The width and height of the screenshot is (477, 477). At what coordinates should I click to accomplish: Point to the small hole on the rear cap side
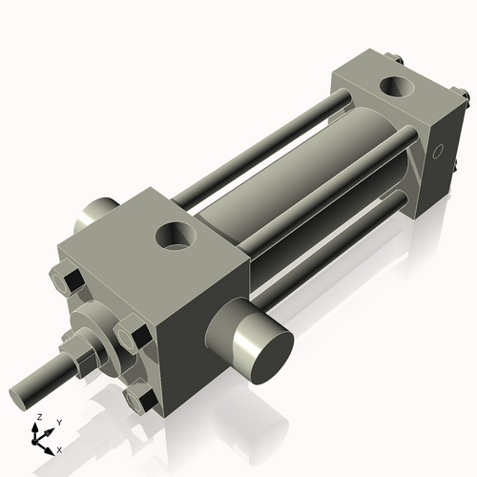pyautogui.click(x=438, y=152)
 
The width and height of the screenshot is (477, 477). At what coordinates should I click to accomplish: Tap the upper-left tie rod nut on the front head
pyautogui.click(x=68, y=281)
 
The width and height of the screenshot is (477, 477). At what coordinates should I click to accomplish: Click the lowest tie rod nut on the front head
pyautogui.click(x=144, y=399)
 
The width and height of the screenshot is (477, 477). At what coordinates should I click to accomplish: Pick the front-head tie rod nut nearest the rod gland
pyautogui.click(x=132, y=338)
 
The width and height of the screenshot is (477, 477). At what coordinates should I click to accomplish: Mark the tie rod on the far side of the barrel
pyautogui.click(x=258, y=143)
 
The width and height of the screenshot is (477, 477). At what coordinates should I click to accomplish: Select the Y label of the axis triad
pyautogui.click(x=58, y=422)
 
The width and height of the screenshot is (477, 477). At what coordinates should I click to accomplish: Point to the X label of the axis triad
pyautogui.click(x=60, y=448)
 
